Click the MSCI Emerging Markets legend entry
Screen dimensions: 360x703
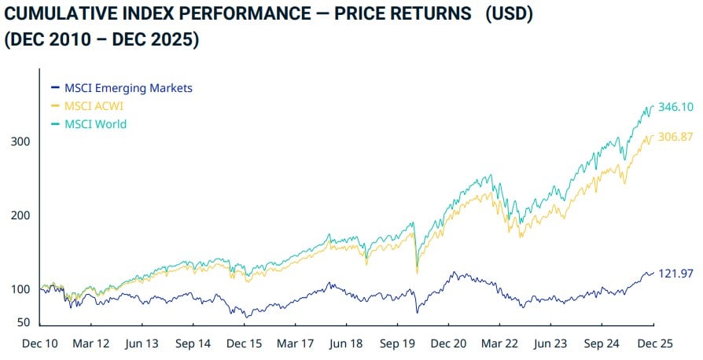click(x=126, y=88)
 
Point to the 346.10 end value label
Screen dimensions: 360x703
click(x=675, y=107)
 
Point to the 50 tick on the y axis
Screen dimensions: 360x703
click(x=23, y=322)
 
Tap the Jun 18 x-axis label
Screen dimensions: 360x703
click(x=347, y=343)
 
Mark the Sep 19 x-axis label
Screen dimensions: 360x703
click(x=398, y=343)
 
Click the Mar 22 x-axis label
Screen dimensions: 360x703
click(x=500, y=343)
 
